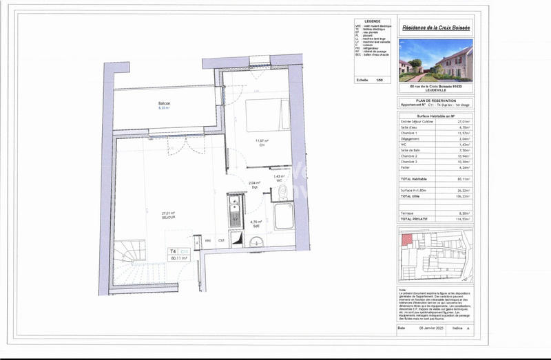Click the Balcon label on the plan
point(164,103)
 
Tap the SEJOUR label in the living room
point(168,217)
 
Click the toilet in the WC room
point(280,193)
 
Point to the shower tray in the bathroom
point(284,215)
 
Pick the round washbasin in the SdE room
point(256,241)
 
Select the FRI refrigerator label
point(208,240)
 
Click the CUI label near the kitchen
point(222,240)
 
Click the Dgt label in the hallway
point(253,187)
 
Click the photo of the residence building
point(435,59)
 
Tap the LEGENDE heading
point(372,21)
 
